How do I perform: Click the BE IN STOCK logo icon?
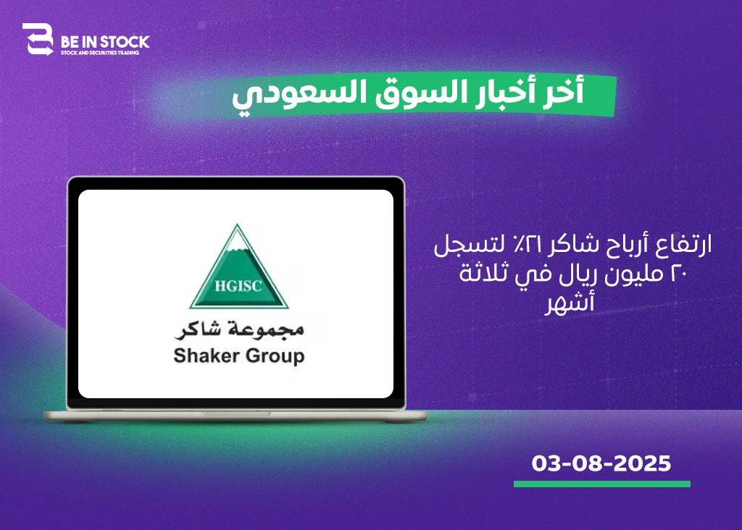click(x=38, y=39)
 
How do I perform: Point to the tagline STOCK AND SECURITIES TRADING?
click(x=100, y=52)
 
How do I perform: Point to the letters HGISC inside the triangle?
click(x=238, y=286)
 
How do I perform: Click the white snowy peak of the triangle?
click(x=238, y=238)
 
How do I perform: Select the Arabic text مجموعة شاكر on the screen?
click(x=239, y=329)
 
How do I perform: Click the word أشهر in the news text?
click(x=570, y=303)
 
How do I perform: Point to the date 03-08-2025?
click(x=601, y=463)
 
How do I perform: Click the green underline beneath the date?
click(x=602, y=484)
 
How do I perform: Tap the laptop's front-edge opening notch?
click(x=236, y=413)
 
